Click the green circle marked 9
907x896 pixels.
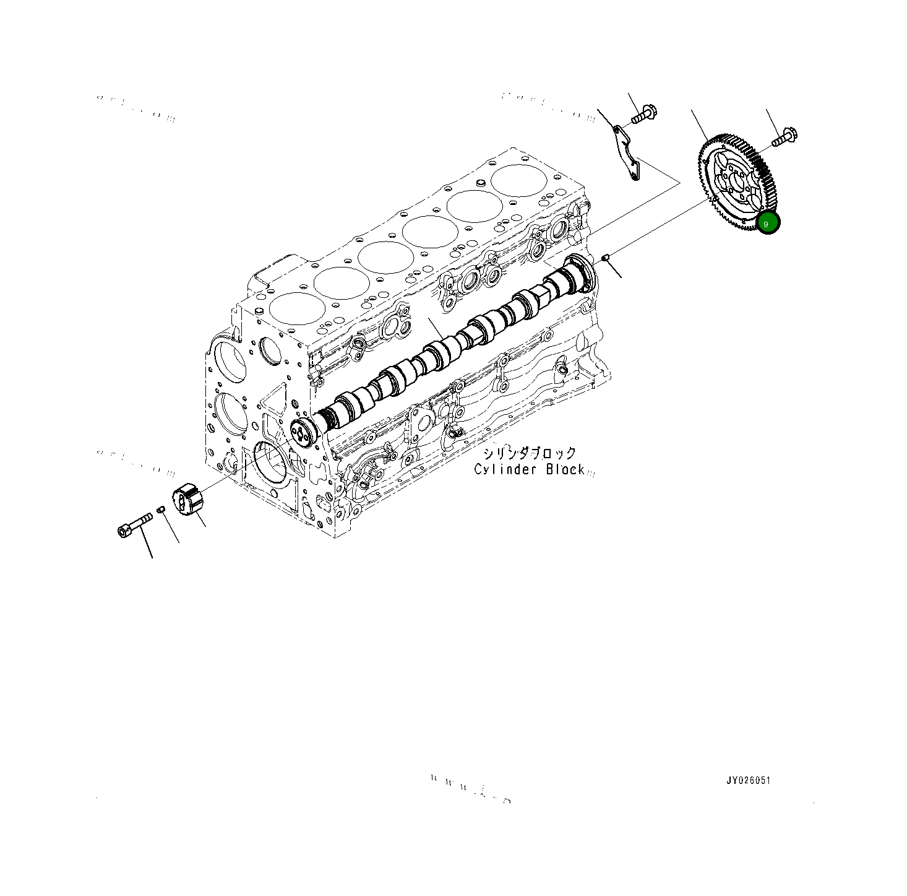point(768,223)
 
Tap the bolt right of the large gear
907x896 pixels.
point(786,136)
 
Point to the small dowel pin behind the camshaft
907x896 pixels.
point(607,257)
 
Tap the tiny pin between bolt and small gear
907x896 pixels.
point(161,510)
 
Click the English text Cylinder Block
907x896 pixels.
point(529,469)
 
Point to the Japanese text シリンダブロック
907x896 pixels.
point(530,453)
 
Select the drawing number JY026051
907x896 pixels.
point(748,780)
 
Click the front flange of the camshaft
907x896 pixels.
point(301,431)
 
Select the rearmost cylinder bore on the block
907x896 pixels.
point(520,180)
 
